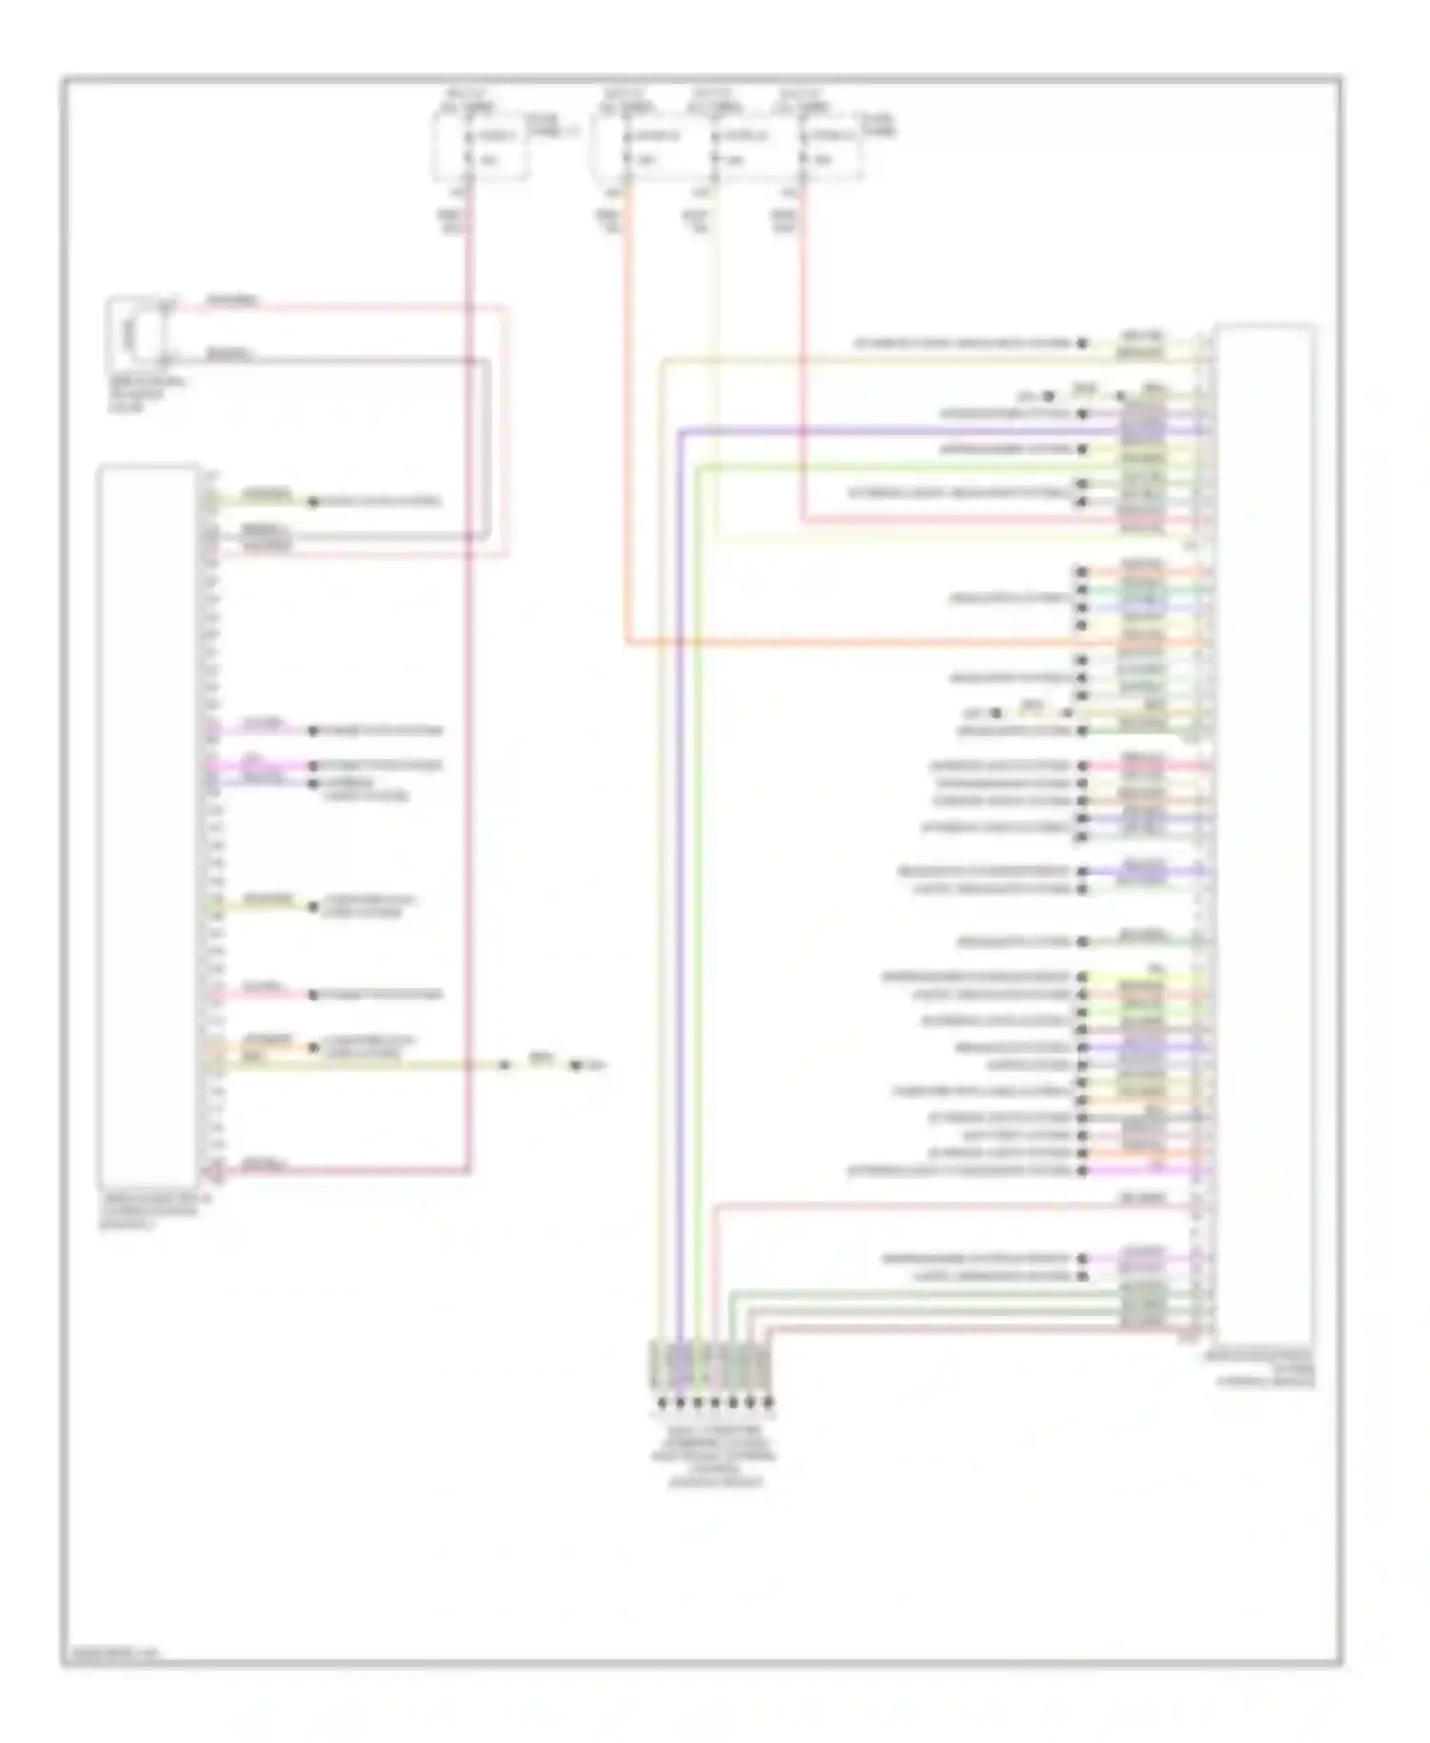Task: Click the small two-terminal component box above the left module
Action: (x=135, y=332)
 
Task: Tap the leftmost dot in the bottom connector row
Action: (x=661, y=1403)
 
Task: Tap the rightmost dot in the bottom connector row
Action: (x=768, y=1403)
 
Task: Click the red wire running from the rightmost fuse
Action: (x=803, y=381)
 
